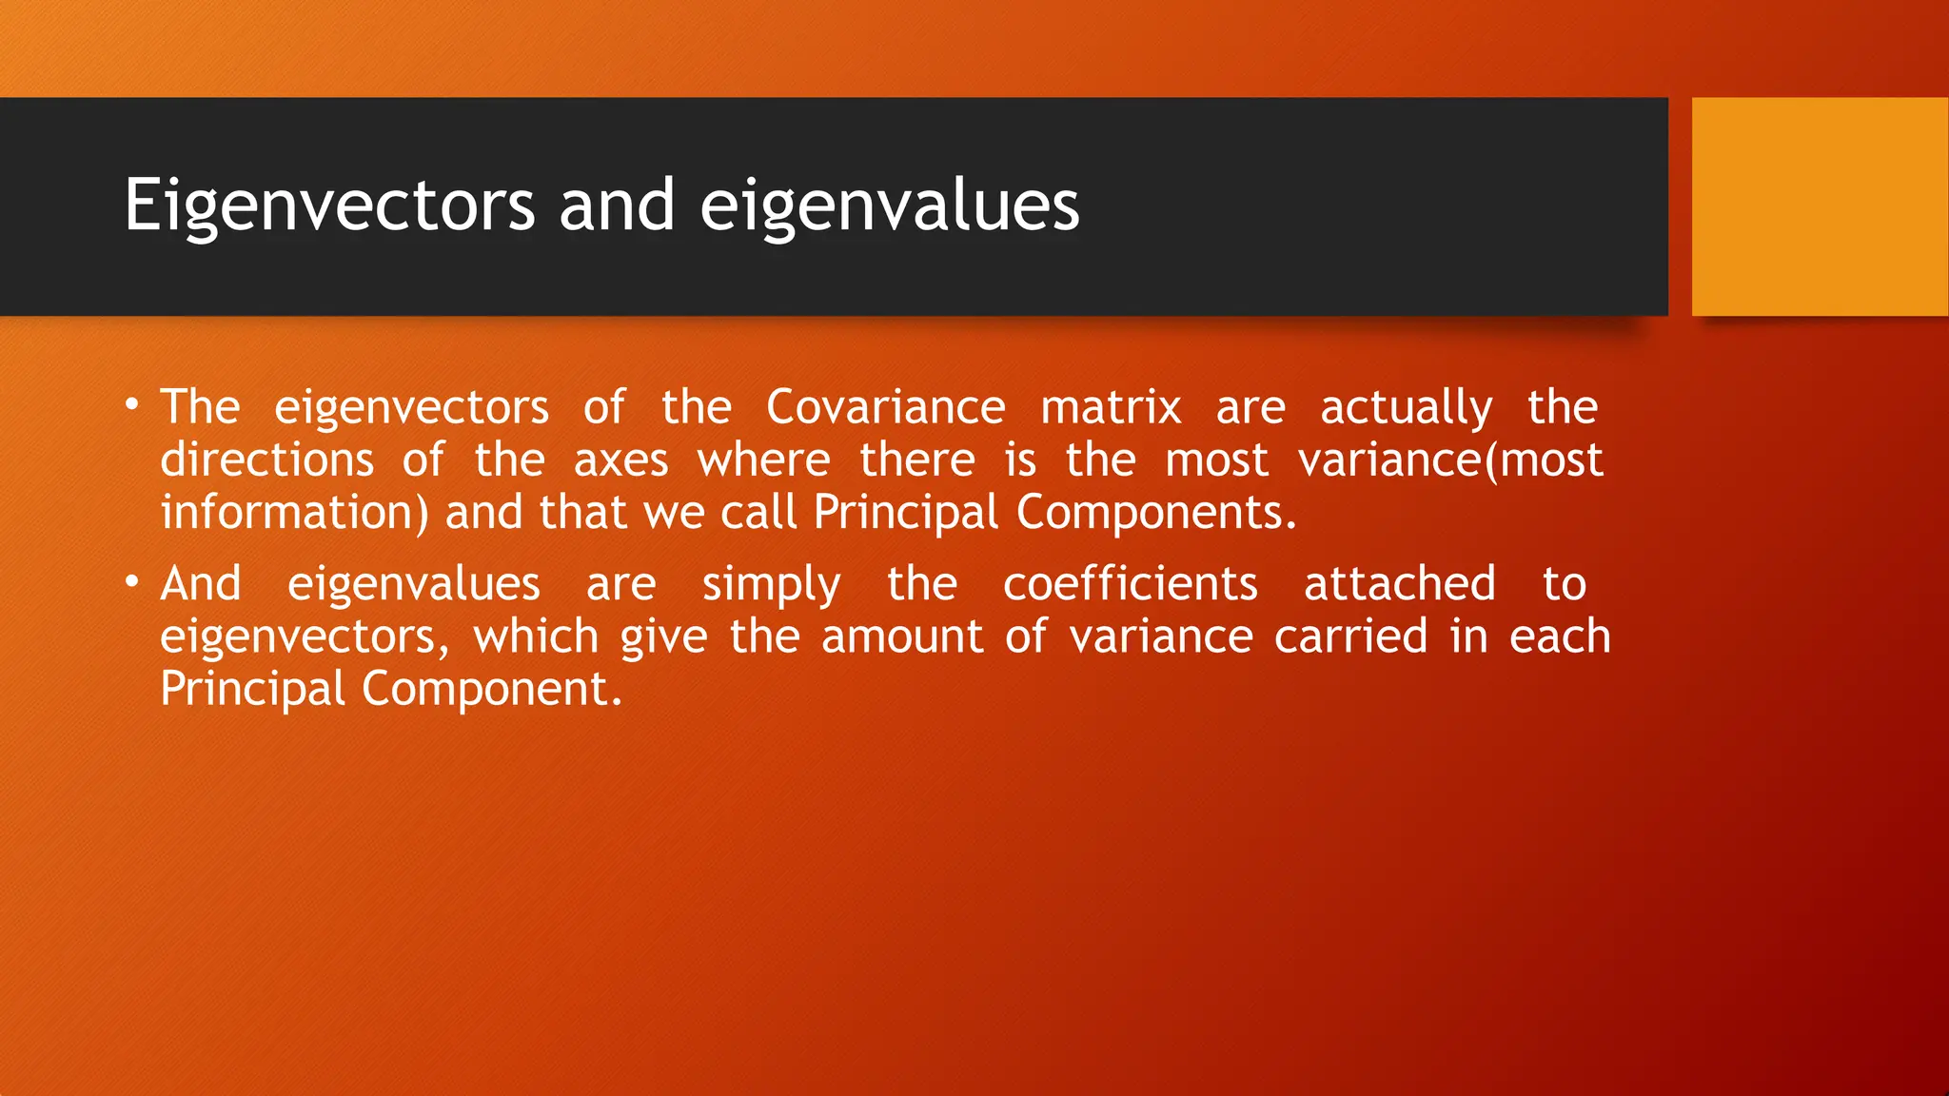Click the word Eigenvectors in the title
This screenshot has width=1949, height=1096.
tap(329, 205)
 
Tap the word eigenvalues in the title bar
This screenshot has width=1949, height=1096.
tap(890, 205)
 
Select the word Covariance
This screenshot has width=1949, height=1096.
tap(885, 407)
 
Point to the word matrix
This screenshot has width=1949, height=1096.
tap(1111, 407)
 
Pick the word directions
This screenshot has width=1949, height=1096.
tap(267, 460)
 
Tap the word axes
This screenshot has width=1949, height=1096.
tap(620, 461)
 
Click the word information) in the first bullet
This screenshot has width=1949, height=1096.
tap(294, 513)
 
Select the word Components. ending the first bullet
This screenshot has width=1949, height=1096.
tap(1156, 513)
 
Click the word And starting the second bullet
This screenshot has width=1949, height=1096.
tap(201, 583)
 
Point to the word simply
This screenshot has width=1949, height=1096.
tap(771, 585)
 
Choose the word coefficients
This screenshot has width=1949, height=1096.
tap(1131, 583)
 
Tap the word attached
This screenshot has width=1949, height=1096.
tap(1399, 583)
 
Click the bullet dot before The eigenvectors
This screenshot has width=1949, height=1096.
tap(132, 405)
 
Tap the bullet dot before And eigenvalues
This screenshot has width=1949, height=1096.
tap(132, 581)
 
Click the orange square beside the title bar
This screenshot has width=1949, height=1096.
tap(1820, 206)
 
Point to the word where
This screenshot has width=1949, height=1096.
tap(764, 461)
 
